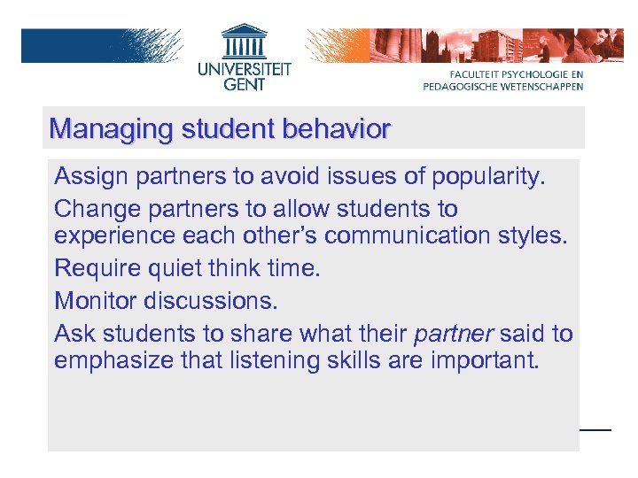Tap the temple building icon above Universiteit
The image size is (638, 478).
pyautogui.click(x=244, y=41)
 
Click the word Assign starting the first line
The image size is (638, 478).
pyautogui.click(x=92, y=176)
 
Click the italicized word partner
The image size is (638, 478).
pyautogui.click(x=453, y=334)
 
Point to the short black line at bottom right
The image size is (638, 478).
pyautogui.click(x=595, y=429)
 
